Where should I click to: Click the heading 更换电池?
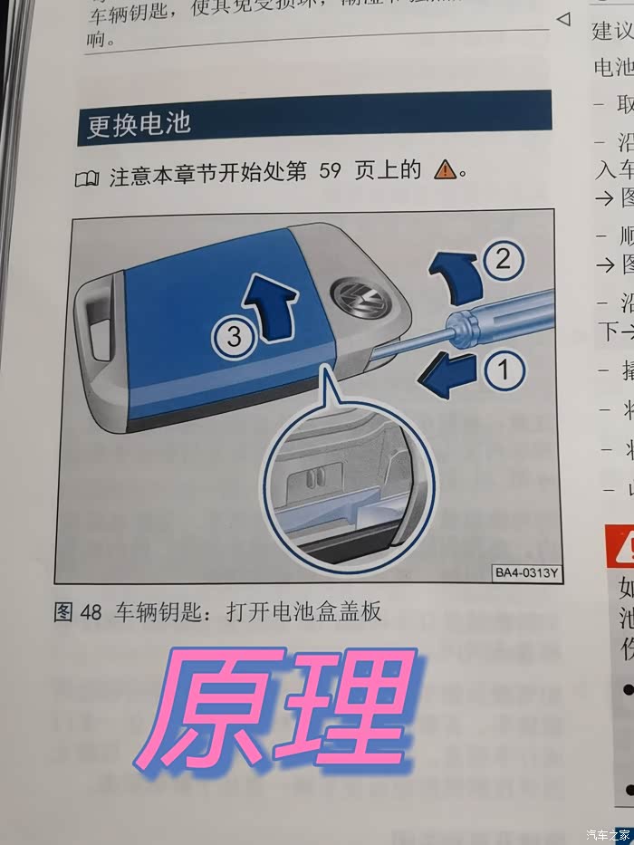pos(139,124)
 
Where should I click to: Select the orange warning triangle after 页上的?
pos(445,170)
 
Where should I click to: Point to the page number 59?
pos(330,171)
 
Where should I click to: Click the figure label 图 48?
pos(78,613)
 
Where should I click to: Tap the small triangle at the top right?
pos(563,18)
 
